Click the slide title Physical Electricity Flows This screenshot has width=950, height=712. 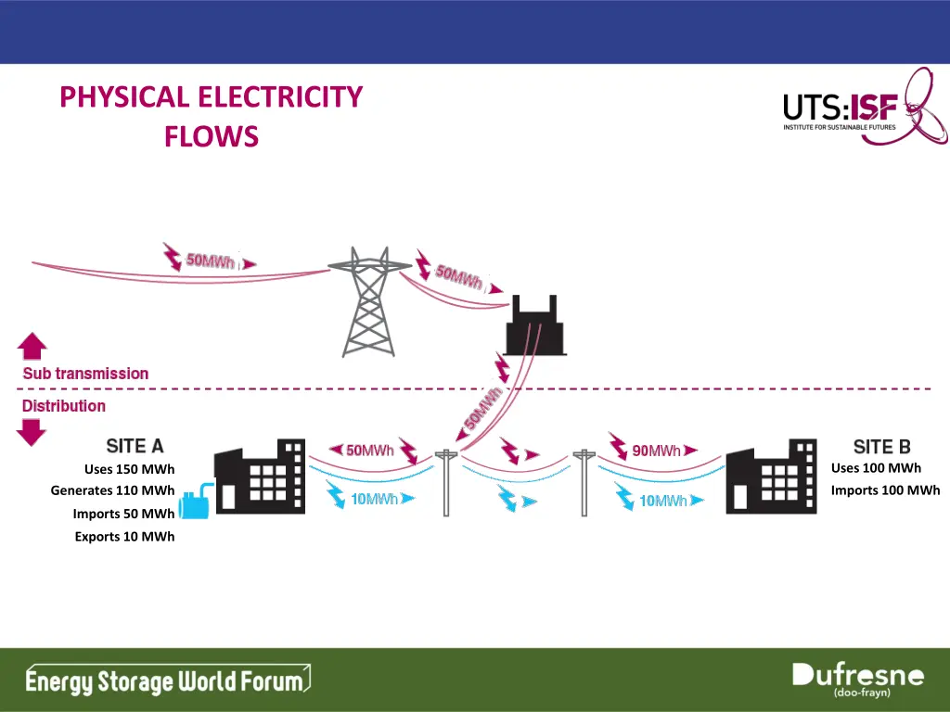[211, 116]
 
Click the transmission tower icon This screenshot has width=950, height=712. [370, 301]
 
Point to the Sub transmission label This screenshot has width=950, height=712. [85, 374]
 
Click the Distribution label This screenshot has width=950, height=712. [64, 406]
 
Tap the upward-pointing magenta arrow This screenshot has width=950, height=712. [32, 347]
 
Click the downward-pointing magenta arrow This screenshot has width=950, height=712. [32, 432]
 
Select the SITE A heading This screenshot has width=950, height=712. [135, 446]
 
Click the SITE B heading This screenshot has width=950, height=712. [881, 448]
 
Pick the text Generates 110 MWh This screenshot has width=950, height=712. [112, 490]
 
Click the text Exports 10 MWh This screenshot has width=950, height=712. [124, 537]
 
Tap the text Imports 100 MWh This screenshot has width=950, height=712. [885, 490]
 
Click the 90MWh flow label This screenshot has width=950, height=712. [656, 451]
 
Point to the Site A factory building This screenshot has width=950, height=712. [259, 477]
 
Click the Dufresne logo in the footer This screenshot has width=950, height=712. [857, 680]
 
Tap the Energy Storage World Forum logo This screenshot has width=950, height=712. [167, 681]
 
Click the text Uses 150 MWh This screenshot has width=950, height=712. [129, 469]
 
